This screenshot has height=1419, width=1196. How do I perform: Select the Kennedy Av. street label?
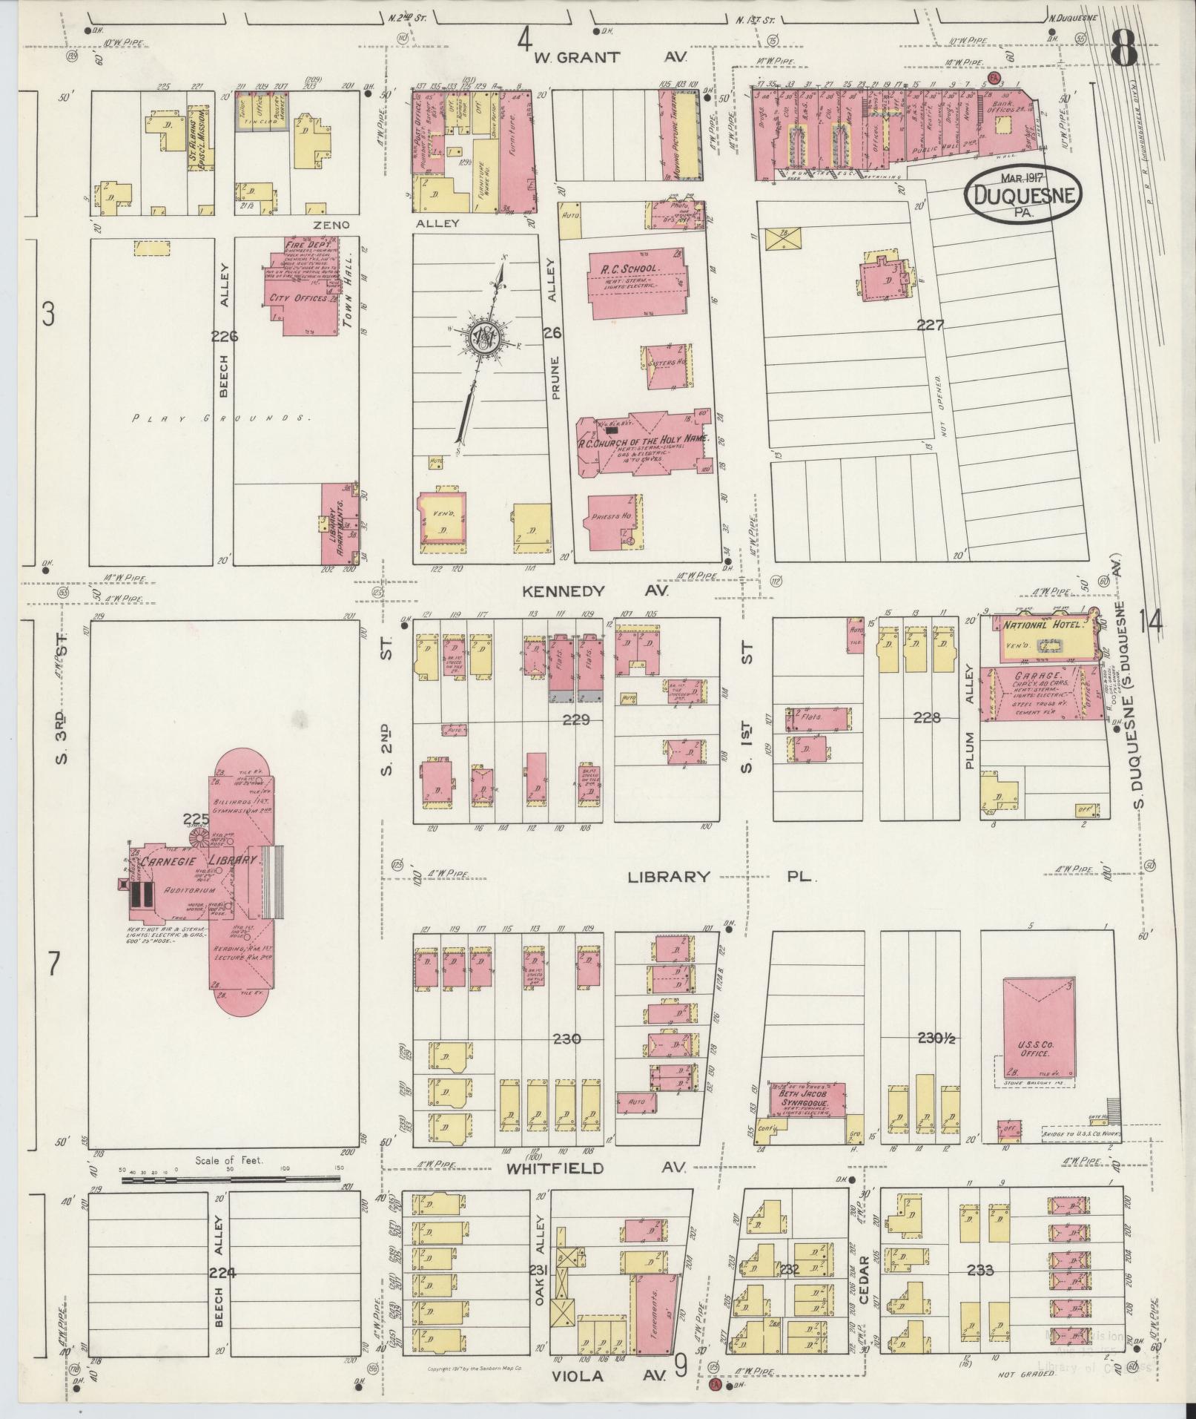tap(595, 591)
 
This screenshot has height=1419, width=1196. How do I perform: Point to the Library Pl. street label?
tap(721, 877)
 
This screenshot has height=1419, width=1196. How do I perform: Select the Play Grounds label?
tap(219, 418)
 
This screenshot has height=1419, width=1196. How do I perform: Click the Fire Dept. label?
tap(305, 244)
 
